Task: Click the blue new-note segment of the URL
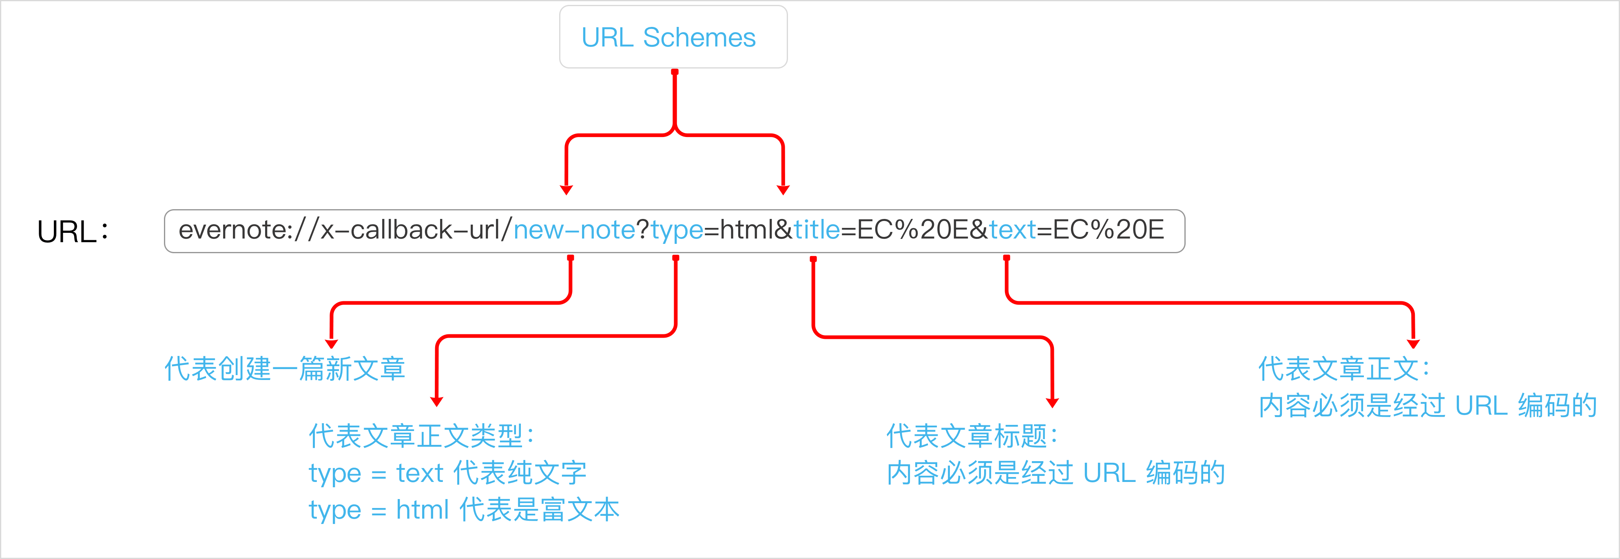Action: coord(574,230)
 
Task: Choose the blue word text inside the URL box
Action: coord(1012,230)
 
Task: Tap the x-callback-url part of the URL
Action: coord(409,230)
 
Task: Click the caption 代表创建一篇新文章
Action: coord(284,369)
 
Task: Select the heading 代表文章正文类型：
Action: coord(421,436)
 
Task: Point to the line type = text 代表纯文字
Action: coord(447,473)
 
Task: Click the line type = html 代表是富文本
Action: coord(463,510)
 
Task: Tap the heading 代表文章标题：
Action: coord(972,436)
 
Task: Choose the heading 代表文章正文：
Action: coord(1344,369)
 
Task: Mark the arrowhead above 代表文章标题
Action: coord(1052,402)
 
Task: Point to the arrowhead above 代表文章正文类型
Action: coord(437,401)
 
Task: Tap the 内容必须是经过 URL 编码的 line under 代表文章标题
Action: coord(1055,473)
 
